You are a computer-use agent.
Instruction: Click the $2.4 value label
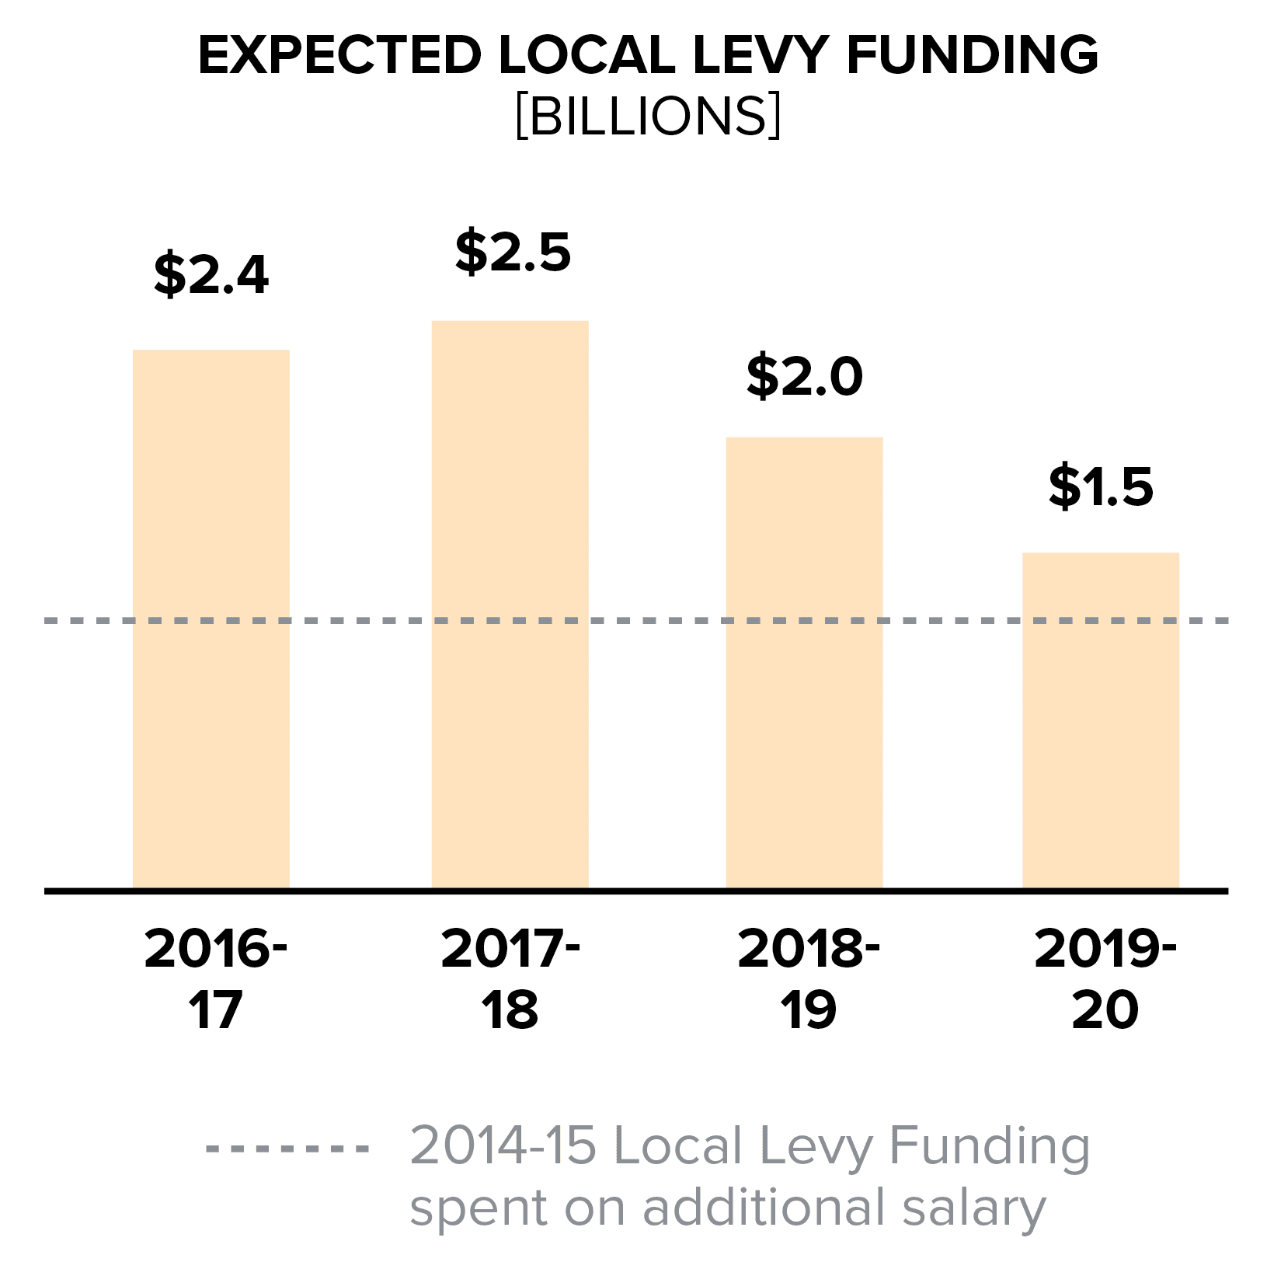coord(211,274)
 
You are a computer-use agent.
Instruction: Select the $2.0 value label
coord(805,376)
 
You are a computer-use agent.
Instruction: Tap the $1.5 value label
coord(1101,487)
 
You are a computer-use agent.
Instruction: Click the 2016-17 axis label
coord(216,978)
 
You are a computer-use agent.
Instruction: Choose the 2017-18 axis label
coord(510,978)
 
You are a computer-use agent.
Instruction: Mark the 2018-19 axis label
coord(809,978)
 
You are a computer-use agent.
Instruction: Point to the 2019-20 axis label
coord(1105,978)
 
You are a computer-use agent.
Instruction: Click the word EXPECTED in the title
coord(340,55)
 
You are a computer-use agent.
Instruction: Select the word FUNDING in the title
coord(973,55)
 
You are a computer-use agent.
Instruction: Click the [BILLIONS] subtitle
coord(649,117)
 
